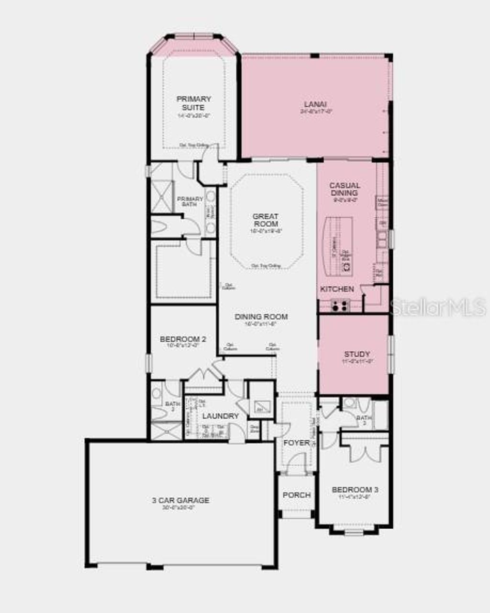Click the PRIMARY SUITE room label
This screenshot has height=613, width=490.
194,103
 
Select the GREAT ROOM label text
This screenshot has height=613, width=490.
266,220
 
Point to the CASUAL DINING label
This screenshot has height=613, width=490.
345,189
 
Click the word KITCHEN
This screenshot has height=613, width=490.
337,289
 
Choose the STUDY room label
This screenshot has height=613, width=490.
357,355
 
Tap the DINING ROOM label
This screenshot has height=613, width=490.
261,317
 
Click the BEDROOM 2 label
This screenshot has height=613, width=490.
183,339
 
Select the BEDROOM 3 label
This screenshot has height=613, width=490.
355,490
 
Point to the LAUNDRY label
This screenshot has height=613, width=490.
220,416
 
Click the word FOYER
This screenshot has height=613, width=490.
296,443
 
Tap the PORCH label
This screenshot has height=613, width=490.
297,495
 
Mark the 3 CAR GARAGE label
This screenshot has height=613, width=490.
180,501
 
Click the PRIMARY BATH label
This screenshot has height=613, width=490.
190,201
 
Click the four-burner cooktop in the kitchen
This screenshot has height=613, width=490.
340,305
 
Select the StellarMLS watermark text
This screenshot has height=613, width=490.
438,307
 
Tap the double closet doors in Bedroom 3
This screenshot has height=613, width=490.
367,453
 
